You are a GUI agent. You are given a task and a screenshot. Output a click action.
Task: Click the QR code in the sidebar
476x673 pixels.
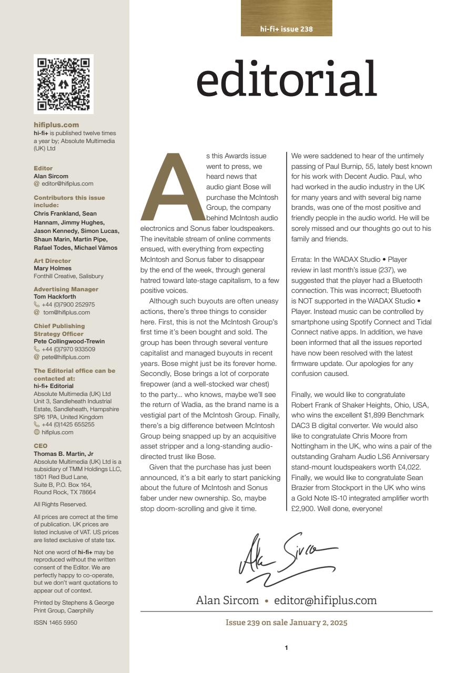[64, 84]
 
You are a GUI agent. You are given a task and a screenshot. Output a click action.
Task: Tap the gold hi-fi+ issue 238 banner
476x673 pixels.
[286, 18]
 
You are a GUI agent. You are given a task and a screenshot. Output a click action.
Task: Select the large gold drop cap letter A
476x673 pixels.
[172, 187]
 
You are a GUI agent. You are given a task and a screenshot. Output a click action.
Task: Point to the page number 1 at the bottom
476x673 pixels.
[286, 648]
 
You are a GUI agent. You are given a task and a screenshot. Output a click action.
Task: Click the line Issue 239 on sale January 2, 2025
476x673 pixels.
[286, 623]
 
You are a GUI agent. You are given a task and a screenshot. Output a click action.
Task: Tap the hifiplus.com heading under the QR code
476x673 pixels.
[56, 125]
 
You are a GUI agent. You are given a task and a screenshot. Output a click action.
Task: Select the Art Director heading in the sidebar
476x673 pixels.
[52, 261]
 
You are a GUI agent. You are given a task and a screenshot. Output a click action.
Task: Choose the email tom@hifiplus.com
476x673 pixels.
[66, 312]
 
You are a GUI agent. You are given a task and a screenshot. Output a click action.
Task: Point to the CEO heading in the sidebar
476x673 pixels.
[40, 445]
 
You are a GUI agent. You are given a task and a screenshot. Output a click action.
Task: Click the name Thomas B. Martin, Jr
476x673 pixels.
[64, 454]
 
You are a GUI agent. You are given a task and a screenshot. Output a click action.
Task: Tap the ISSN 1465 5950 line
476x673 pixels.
[55, 623]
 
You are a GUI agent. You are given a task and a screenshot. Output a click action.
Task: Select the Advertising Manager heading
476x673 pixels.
[66, 289]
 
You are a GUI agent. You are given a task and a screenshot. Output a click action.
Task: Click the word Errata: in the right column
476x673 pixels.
[303, 259]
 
